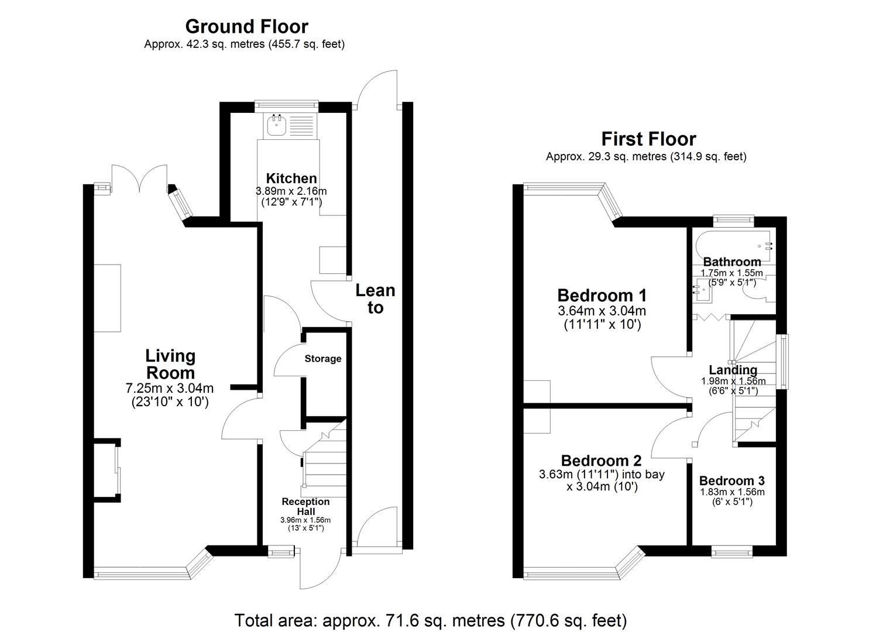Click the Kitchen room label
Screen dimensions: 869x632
point(291,178)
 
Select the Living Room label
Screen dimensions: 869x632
point(170,365)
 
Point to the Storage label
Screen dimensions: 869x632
point(323,359)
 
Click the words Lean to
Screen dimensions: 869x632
point(375,298)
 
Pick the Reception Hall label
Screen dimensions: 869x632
point(305,506)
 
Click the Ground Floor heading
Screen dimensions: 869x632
point(247,27)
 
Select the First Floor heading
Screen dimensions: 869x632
point(648,139)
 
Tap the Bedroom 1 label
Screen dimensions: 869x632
point(602,296)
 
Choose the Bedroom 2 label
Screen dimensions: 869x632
point(602,461)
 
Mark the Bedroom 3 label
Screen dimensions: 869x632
point(731,480)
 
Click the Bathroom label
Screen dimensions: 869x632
point(732,262)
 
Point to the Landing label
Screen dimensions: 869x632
point(733,370)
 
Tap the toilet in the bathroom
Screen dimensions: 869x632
point(760,294)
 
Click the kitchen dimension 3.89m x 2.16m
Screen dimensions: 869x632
point(291,191)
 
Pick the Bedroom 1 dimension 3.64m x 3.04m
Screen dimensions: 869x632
point(602,311)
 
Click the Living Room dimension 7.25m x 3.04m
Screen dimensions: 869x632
point(170,388)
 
